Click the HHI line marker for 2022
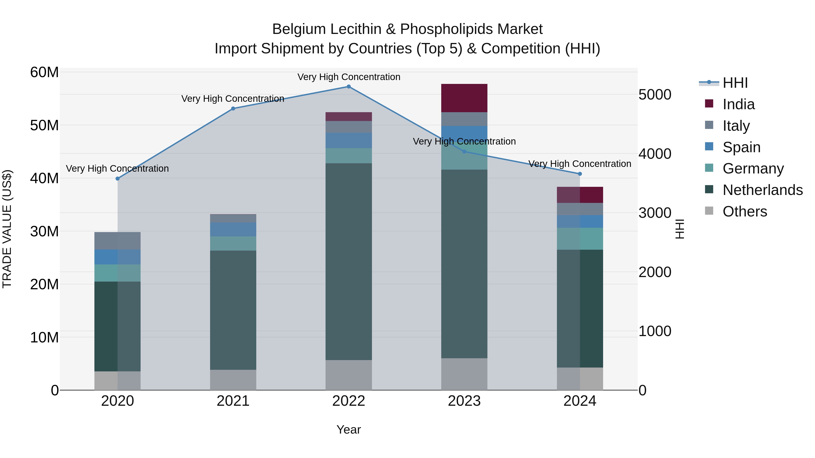pos(349,87)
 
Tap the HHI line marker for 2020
pos(118,179)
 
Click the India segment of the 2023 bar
pos(464,98)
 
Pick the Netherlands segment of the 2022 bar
pos(349,261)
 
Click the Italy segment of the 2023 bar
pos(464,119)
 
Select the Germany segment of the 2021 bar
pos(233,243)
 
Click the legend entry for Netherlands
pos(762,190)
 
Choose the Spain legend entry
pos(741,147)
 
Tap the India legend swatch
pos(709,104)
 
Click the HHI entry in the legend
pos(735,83)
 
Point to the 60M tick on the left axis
pos(44,72)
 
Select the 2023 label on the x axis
pos(464,401)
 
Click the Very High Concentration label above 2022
pos(349,77)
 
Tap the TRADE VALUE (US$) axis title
pos(7,229)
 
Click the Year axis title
pos(349,430)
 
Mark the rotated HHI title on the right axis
pos(680,229)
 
